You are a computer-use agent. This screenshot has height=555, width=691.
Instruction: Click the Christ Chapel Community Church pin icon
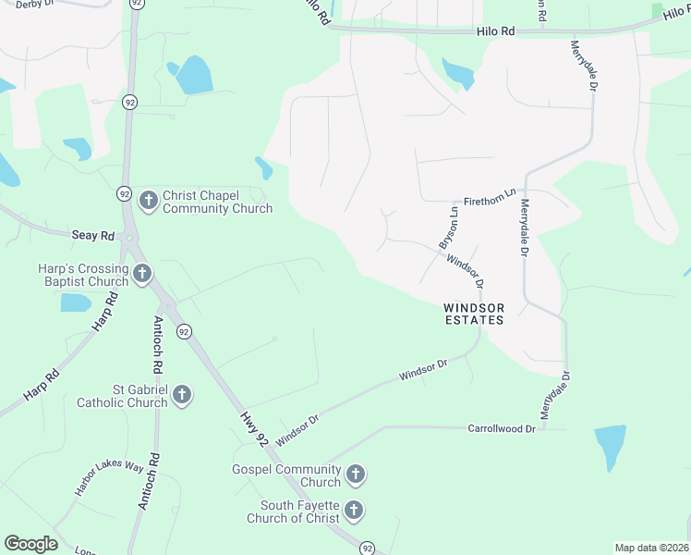pos(148,200)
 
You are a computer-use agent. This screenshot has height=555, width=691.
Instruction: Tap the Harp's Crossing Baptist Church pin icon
pos(142,273)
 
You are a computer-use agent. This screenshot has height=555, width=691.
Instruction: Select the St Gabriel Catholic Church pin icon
pos(182,395)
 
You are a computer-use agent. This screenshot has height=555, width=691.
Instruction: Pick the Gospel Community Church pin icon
pos(355,475)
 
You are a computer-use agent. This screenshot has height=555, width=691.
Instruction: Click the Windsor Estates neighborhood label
pos(474,314)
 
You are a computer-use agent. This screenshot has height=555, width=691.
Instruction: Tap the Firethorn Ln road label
pos(490,197)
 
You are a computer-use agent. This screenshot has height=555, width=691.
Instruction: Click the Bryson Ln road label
pos(449,228)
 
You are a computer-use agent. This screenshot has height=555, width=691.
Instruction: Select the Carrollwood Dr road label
pos(502,429)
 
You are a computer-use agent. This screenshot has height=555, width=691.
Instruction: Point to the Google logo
pos(30,544)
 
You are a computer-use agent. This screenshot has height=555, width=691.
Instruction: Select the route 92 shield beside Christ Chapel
pos(124,194)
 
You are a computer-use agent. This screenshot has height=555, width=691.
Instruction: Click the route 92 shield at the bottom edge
pos(367,548)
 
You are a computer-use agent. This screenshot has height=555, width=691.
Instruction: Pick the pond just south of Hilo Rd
pos(458,73)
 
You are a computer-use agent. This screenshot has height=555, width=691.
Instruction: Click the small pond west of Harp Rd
pos(76,302)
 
